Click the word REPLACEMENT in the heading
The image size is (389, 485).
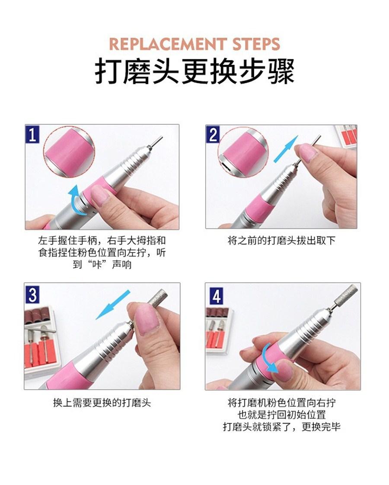coord(166,44)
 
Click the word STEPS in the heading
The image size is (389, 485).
coord(255,44)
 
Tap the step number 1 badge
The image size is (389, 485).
coord(32,135)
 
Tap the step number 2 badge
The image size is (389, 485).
coord(214,135)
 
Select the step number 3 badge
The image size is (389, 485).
coord(32,294)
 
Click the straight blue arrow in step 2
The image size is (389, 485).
coord(286,149)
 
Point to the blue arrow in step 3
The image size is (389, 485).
coord(113,305)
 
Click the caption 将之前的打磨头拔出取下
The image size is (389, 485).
coord(281,241)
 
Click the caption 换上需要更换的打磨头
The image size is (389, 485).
coord(102,403)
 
